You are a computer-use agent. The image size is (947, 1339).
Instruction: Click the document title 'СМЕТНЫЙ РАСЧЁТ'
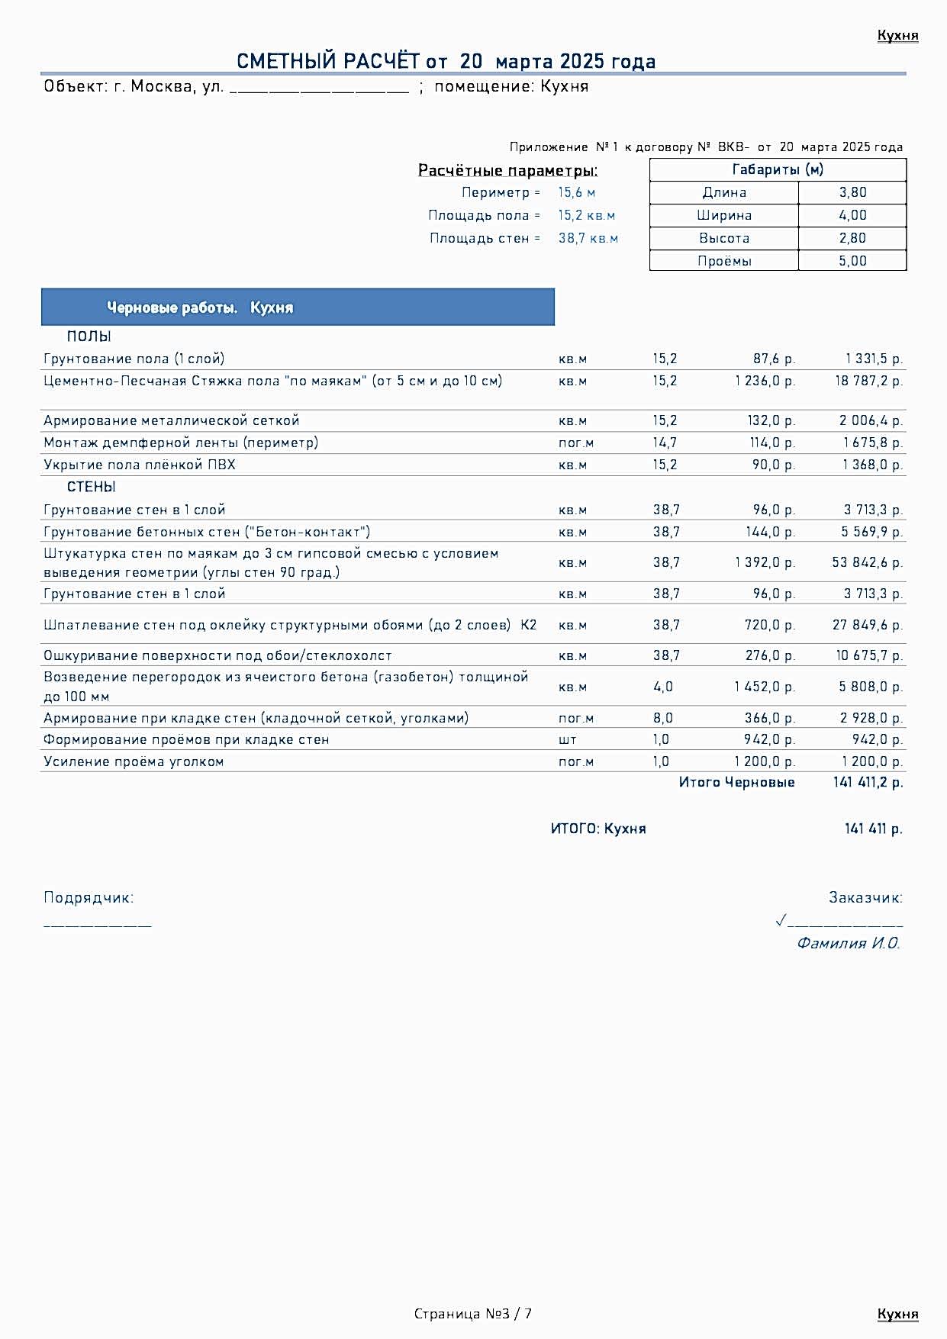328,61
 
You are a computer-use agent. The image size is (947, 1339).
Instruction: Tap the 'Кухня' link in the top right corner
897,35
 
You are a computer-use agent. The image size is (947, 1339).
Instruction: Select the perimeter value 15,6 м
576,192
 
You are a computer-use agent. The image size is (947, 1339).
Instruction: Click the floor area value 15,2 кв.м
586,215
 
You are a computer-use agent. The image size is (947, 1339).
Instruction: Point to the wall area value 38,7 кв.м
588,238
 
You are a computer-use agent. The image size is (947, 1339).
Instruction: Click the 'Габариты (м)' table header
778,169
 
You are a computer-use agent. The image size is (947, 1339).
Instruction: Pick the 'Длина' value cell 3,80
852,192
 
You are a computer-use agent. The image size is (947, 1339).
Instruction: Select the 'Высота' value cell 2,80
852,238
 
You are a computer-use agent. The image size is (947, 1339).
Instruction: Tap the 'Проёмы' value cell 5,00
852,261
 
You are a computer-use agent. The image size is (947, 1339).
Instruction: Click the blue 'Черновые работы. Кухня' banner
298,307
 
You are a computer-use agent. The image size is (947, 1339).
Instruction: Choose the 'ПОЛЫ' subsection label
89,336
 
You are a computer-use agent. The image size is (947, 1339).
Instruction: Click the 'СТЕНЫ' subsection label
91,487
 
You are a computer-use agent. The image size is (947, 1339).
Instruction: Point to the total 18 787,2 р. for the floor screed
868,381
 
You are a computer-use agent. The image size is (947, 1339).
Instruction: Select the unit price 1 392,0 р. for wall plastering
765,562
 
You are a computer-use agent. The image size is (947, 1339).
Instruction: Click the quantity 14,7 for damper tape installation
664,443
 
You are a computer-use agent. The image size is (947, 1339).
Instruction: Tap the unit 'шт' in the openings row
567,739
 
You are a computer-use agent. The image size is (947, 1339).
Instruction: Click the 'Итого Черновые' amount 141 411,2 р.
868,782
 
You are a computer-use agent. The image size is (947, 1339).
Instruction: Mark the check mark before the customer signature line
781,920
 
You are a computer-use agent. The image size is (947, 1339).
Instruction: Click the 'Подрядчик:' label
89,897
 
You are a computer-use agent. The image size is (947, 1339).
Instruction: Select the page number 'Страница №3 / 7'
473,1313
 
